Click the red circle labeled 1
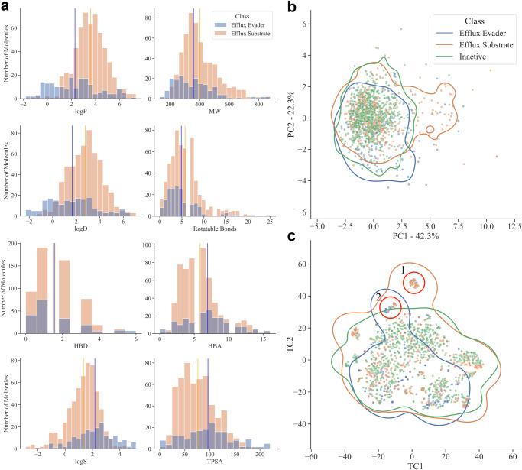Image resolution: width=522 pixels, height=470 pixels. tap(413, 283)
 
